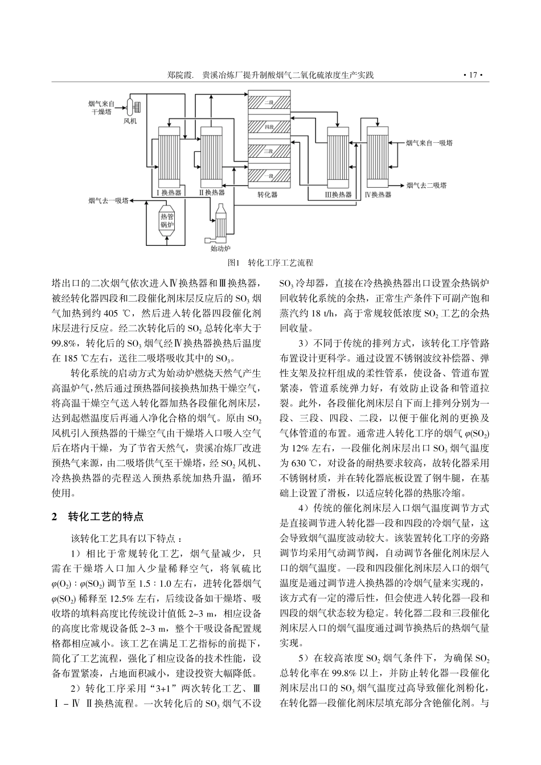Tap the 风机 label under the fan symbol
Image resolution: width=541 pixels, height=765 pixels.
(130, 121)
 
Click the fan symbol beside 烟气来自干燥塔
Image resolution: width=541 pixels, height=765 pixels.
(134, 106)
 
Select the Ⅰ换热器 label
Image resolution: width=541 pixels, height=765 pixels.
(169, 193)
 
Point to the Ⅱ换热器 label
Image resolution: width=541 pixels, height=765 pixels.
(212, 193)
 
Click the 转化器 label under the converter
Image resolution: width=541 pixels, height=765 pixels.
(267, 194)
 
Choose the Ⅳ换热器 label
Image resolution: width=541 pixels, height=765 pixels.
(378, 195)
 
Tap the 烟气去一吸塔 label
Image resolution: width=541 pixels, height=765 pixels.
(108, 200)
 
